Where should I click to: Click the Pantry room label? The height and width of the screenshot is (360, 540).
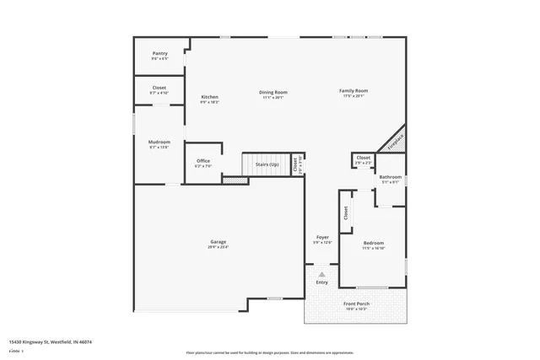[159, 53]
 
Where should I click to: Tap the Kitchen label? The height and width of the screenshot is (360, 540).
[209, 97]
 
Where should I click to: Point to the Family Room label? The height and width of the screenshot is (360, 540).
[354, 90]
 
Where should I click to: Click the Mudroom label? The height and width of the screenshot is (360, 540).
[159, 142]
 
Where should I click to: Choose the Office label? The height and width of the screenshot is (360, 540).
[203, 161]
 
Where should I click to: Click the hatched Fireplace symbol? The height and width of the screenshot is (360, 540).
[392, 141]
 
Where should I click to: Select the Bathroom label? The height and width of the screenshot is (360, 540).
[391, 177]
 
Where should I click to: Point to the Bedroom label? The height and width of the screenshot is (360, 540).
[374, 243]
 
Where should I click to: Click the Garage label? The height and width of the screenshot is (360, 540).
[218, 243]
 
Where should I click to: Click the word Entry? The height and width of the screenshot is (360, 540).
[321, 282]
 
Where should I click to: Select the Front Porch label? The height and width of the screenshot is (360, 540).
[356, 304]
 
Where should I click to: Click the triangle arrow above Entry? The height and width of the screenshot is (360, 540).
[321, 273]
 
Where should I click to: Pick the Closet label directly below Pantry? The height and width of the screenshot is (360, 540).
[159, 88]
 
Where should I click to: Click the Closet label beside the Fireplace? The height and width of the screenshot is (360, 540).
[363, 158]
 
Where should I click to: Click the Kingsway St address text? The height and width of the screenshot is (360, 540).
[50, 341]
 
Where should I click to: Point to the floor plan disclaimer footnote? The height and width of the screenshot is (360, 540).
[270, 352]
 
